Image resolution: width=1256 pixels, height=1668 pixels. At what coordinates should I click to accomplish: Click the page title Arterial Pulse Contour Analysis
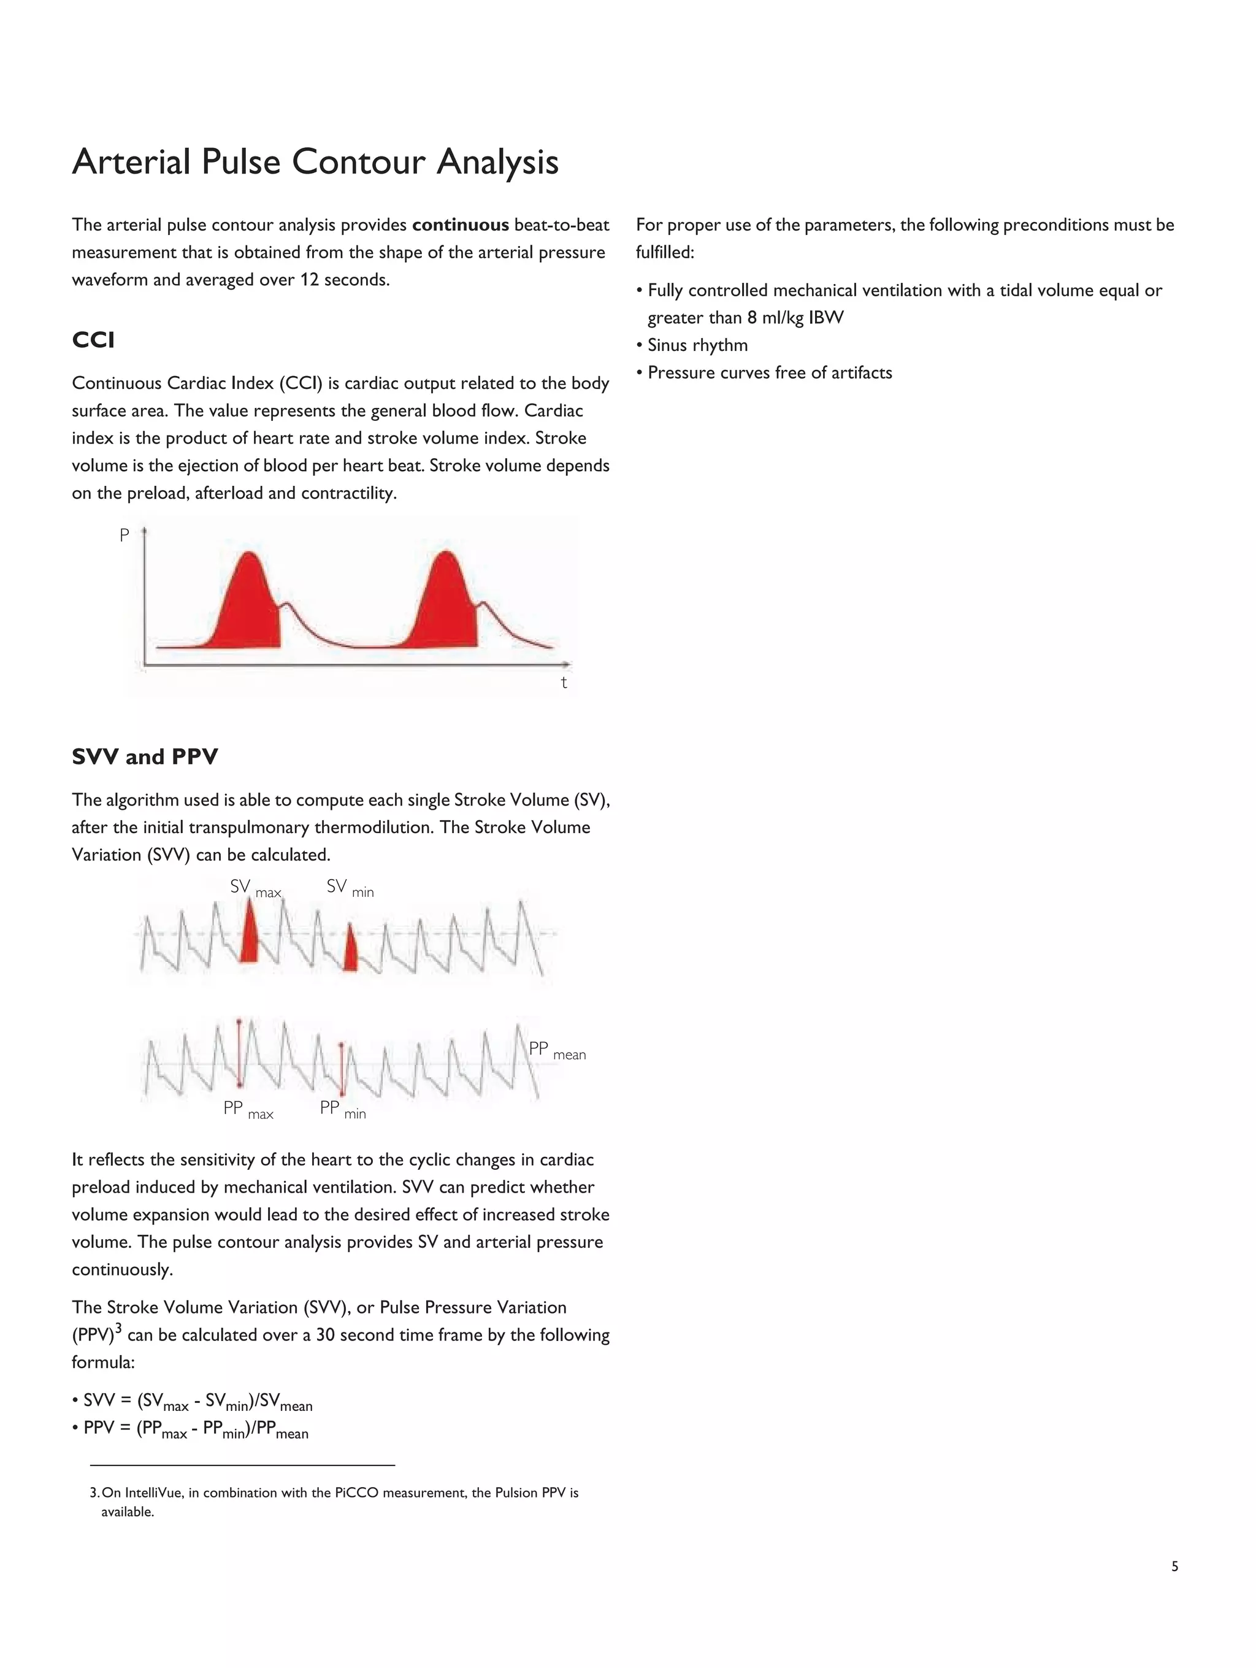315,162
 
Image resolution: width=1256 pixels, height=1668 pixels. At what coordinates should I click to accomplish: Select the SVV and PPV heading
145,757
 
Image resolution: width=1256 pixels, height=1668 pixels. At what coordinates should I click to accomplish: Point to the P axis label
125,536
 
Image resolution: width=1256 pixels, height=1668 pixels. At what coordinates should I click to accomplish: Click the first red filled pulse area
249,611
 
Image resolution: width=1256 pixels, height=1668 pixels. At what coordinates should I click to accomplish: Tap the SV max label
255,888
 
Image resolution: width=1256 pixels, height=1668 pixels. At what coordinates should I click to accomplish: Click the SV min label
350,888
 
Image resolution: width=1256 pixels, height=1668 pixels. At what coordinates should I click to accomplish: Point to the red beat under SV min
350,951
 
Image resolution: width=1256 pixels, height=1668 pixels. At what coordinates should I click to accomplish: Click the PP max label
248,1110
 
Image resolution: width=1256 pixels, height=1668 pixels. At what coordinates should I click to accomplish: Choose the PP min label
342,1109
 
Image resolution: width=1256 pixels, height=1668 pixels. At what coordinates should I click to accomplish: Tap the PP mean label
556,1050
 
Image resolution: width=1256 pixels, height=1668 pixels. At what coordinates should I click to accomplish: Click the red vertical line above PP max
239,1053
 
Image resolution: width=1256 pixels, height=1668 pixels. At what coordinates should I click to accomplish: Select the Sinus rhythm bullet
697,345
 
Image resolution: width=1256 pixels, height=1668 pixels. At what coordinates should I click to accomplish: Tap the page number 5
1174,1567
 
